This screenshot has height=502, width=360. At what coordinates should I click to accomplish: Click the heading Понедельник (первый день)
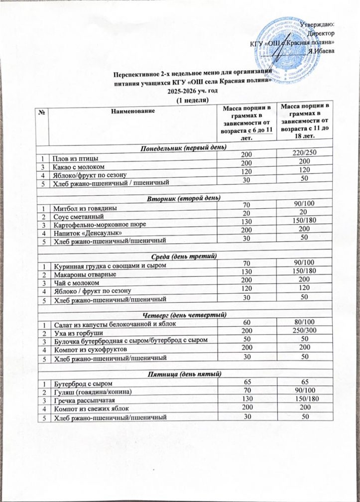[180, 148]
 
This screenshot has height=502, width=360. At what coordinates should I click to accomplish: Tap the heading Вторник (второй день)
[180, 198]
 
